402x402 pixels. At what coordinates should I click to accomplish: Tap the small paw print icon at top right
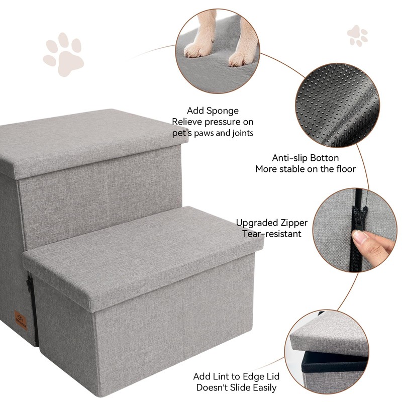[357, 36]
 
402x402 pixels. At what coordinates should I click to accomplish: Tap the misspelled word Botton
[325, 158]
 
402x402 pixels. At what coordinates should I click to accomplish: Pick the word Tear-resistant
[272, 234]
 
